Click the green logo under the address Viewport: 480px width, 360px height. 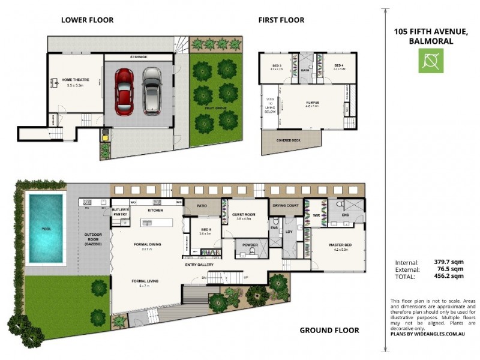point(430,61)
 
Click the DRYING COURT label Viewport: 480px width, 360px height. point(285,205)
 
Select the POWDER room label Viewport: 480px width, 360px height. point(250,245)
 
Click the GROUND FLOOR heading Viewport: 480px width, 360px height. point(329,330)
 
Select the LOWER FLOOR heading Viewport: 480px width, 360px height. point(87,20)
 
